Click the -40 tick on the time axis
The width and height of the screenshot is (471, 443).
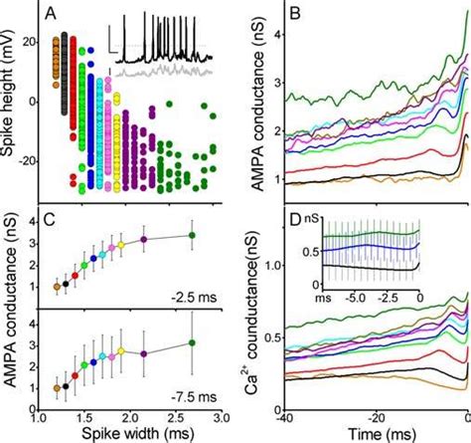[285, 419]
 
